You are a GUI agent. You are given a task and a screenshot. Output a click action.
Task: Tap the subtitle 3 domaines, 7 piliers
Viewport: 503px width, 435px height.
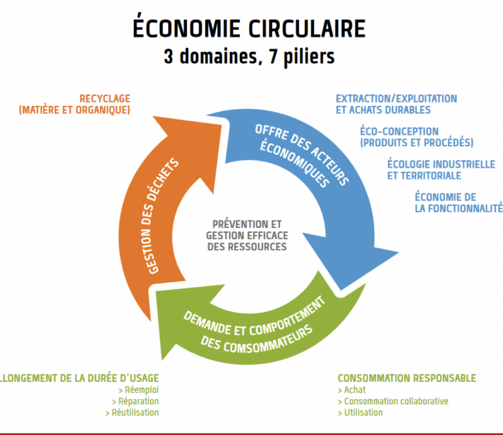pyautogui.click(x=249, y=56)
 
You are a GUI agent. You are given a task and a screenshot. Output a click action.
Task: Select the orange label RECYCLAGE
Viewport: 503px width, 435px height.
pyautogui.click(x=105, y=99)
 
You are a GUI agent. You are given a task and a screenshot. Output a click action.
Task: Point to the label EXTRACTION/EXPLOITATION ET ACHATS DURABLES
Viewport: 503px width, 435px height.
pyautogui.click(x=397, y=104)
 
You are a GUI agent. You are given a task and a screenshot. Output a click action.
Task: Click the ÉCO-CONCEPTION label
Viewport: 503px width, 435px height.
pyautogui.click(x=399, y=131)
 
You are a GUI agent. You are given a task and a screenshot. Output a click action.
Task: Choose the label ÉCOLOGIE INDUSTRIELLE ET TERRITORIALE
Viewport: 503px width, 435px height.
pyautogui.click(x=441, y=170)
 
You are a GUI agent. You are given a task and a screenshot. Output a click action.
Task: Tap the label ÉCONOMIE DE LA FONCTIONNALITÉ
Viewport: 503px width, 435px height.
pyautogui.click(x=459, y=202)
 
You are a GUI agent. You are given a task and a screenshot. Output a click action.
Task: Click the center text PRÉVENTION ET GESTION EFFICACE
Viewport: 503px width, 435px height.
pyautogui.click(x=247, y=230)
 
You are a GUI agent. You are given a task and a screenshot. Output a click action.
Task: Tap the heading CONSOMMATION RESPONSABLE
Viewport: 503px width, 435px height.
pyautogui.click(x=407, y=378)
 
